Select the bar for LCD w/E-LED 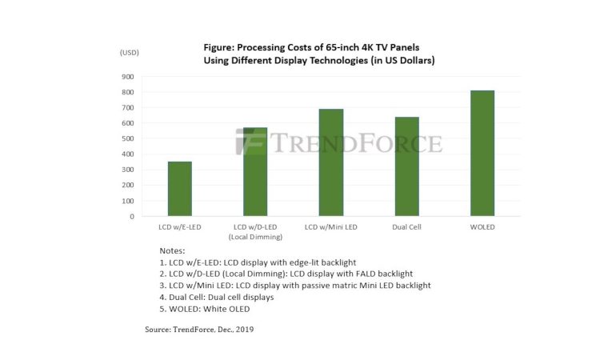[179, 189]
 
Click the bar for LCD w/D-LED [255, 171]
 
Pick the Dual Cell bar [406, 166]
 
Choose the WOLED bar [482, 153]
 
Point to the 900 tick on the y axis [127, 78]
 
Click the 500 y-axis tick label [127, 138]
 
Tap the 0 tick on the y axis [131, 216]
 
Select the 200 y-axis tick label [127, 185]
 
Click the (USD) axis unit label [130, 52]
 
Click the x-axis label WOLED [482, 228]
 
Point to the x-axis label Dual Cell [406, 228]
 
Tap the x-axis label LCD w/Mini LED [330, 228]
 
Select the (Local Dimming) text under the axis [255, 238]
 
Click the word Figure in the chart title [223, 47]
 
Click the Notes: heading [172, 250]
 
